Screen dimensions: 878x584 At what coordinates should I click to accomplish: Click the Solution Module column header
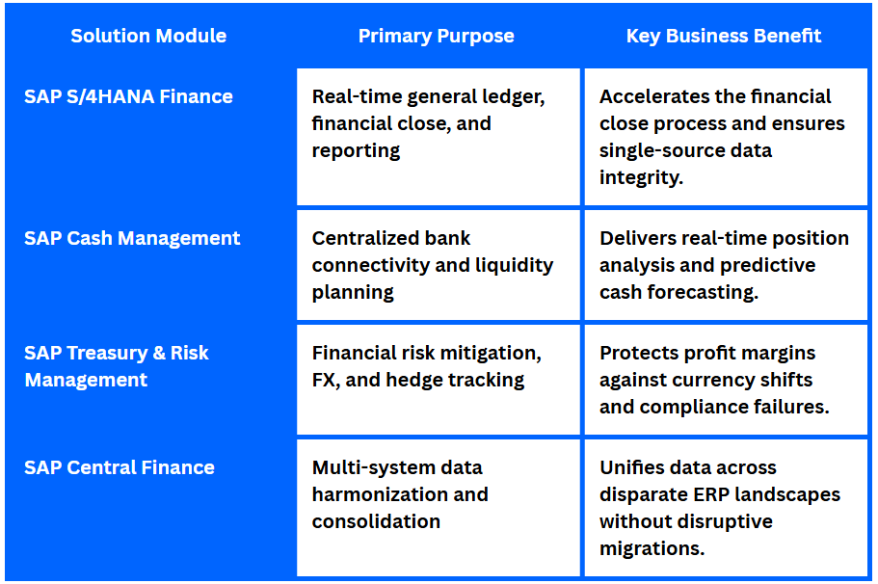148,36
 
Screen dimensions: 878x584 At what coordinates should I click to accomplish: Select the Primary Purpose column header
437,36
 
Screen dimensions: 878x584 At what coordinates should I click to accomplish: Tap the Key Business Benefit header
724,36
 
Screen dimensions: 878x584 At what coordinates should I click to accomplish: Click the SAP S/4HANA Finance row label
128,96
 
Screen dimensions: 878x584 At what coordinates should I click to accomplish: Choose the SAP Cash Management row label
132,239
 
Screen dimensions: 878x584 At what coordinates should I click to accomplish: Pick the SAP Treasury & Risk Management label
117,366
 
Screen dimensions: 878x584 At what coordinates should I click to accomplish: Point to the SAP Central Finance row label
120,467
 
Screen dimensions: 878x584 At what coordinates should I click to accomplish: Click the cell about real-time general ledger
439,137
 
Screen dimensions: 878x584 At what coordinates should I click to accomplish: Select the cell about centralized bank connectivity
439,265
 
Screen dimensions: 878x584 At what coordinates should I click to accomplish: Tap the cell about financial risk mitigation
439,380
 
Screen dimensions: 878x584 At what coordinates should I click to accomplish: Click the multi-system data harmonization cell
439,508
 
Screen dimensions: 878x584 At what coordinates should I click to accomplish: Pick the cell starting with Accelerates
727,137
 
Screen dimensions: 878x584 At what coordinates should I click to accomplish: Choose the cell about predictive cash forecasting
727,265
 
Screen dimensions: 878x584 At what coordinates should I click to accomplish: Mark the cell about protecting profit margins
727,380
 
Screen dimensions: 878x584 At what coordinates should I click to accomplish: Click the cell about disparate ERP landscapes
727,508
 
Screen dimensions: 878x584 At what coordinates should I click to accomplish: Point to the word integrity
642,178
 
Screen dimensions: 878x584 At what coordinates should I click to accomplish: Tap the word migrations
652,548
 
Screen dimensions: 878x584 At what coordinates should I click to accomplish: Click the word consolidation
376,522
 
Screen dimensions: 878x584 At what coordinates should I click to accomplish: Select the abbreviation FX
326,381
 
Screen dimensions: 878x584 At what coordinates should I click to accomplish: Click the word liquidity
514,265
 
